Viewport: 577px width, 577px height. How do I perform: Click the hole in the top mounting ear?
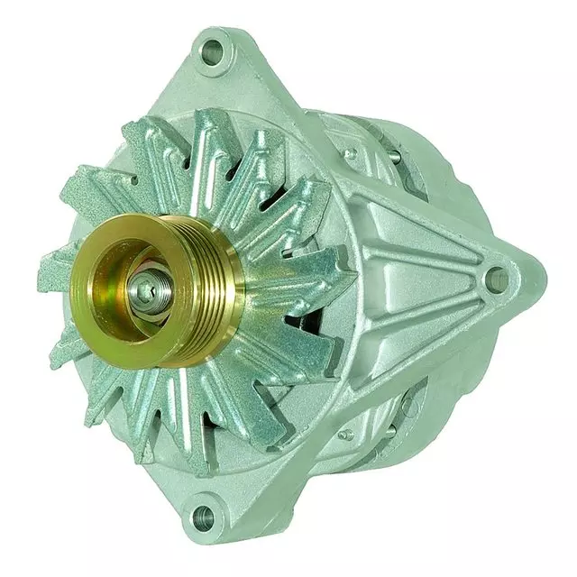pos(214,48)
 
